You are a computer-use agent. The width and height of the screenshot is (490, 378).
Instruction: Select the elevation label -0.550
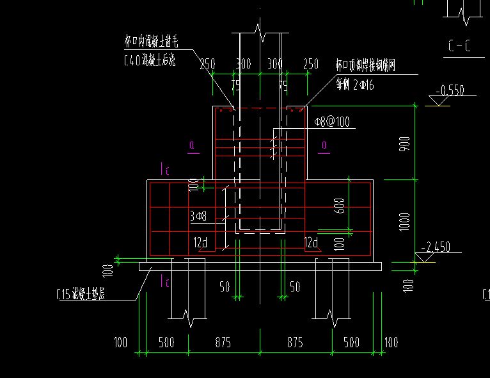click(x=450, y=90)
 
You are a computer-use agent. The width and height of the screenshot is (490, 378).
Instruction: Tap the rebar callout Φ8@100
click(x=331, y=122)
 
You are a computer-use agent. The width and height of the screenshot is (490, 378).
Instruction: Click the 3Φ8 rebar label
click(x=198, y=217)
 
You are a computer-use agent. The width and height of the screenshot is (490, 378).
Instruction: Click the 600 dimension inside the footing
click(x=340, y=205)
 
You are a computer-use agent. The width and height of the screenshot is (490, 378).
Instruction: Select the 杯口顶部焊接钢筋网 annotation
click(x=367, y=65)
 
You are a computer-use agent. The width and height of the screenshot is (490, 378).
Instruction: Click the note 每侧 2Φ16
click(x=362, y=82)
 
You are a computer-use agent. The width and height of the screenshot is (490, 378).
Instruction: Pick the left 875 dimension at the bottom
click(x=223, y=342)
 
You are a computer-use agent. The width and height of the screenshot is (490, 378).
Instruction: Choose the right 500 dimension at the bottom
click(x=351, y=342)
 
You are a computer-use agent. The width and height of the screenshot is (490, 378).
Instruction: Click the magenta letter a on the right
click(x=325, y=146)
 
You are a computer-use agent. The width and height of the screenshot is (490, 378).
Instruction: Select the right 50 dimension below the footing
click(x=294, y=287)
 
